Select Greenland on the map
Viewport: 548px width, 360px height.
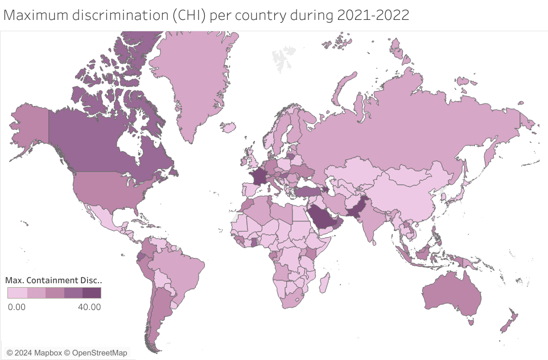pos(193,80)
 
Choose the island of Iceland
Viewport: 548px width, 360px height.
pos(230,129)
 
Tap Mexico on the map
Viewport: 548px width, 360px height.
pos(108,218)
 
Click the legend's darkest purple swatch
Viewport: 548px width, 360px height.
pos(92,293)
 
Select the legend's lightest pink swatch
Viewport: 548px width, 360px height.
pos(17,293)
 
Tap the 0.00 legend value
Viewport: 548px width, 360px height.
pos(17,307)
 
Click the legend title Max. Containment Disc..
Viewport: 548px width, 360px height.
pos(53,280)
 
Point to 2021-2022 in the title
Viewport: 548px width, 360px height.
pos(373,15)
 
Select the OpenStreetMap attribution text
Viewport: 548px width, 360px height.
pos(100,353)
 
